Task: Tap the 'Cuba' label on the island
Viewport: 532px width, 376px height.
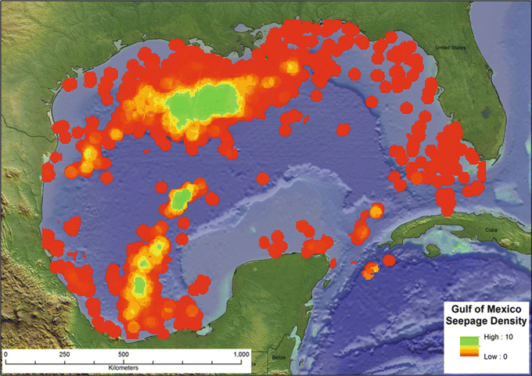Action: coord(491,230)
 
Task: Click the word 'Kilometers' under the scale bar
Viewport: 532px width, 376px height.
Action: coord(124,367)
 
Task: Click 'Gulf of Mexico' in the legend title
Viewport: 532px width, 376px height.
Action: coord(485,310)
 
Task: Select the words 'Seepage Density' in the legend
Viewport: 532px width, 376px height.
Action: coord(485,321)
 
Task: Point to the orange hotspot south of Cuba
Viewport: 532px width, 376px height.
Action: coord(370,270)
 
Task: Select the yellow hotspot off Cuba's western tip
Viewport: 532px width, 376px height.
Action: coord(376,210)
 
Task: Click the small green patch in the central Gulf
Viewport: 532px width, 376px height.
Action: coord(181,199)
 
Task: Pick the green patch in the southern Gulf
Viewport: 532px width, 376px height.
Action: coord(141,283)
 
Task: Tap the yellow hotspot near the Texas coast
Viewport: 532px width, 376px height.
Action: coord(88,157)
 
